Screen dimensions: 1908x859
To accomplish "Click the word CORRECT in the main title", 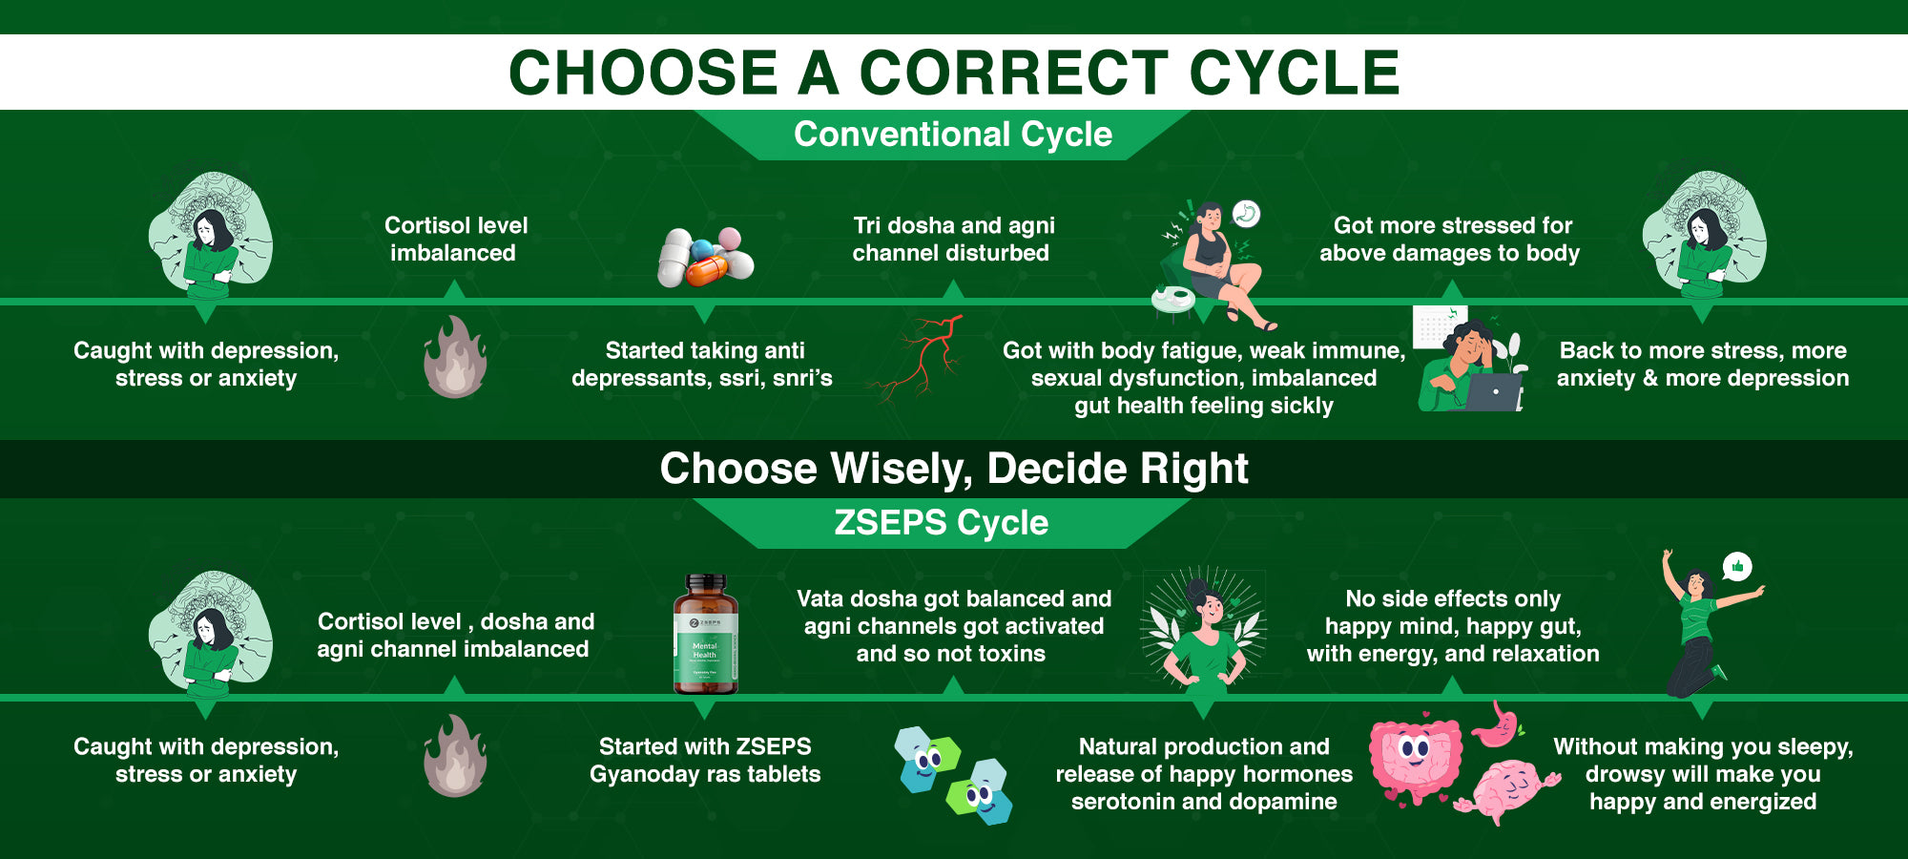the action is tap(1013, 73).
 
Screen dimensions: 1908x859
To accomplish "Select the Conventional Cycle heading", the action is tap(953, 135).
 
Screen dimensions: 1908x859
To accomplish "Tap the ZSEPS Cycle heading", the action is tap(941, 523).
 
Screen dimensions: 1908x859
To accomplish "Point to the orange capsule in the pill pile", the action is tap(707, 270).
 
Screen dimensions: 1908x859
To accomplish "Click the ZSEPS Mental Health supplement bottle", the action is tap(705, 634).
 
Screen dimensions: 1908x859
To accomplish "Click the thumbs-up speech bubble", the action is tap(1737, 567).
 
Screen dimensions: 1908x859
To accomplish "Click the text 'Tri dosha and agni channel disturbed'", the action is tap(953, 239).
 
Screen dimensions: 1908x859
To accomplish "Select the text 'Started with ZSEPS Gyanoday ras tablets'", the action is tap(705, 760).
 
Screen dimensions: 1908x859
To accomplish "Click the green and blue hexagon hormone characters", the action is tap(952, 774).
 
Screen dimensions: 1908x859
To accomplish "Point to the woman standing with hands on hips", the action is tap(1205, 631).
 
